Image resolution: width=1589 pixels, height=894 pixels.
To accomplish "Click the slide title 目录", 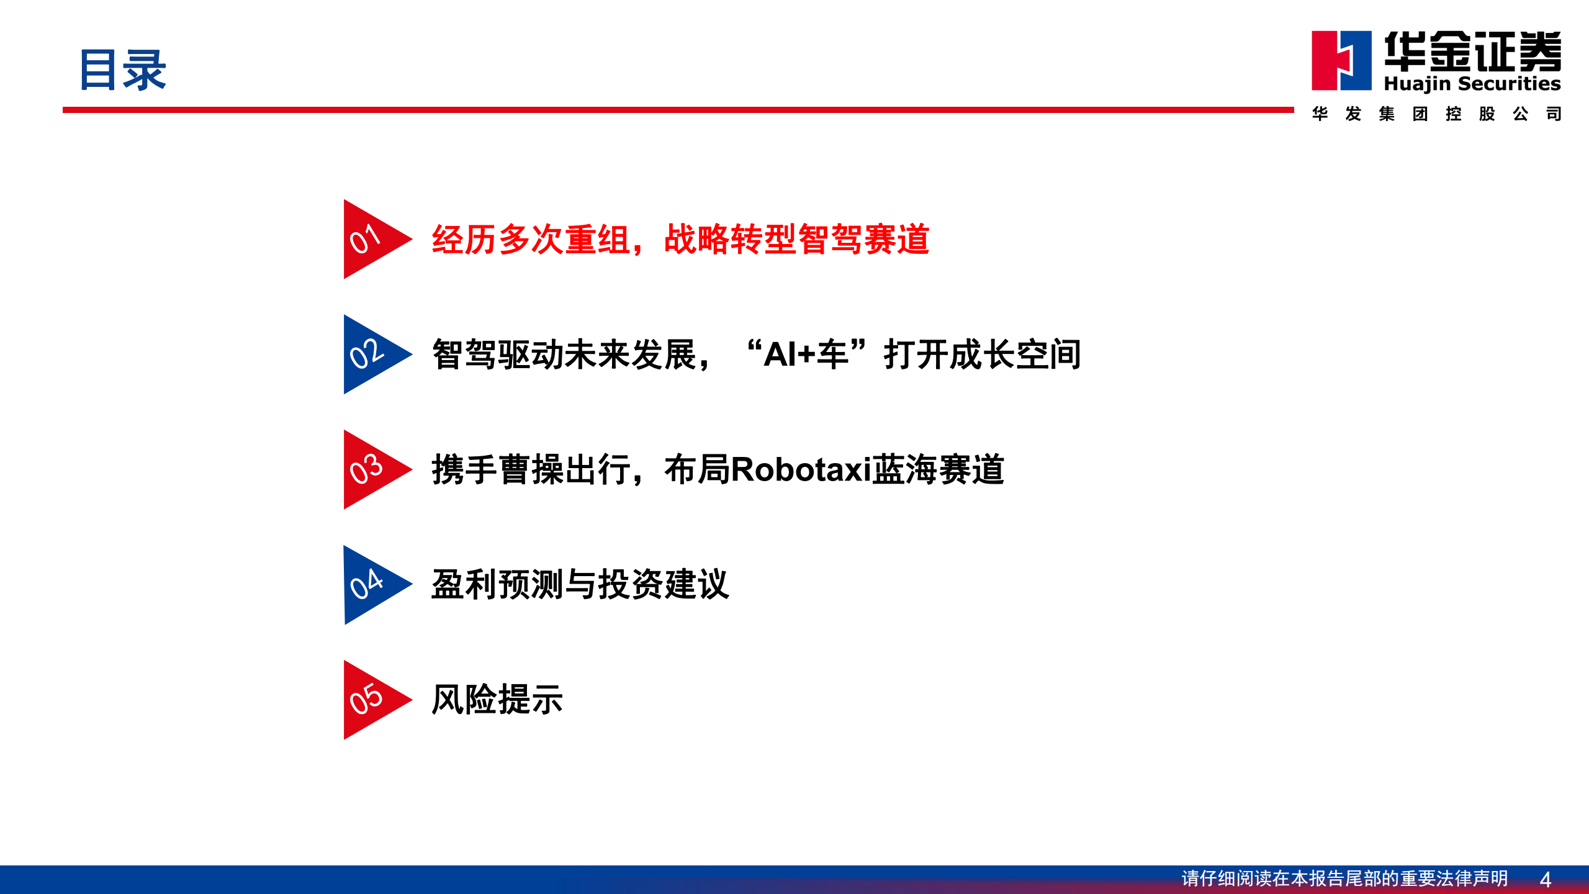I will coord(123,70).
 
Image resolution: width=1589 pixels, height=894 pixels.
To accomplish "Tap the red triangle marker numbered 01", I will coord(370,239).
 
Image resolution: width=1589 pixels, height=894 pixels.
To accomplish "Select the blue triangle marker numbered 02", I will coord(370,354).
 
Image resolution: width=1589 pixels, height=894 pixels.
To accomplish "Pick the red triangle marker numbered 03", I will coord(370,469).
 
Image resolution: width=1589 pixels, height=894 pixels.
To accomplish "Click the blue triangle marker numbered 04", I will coord(370,585).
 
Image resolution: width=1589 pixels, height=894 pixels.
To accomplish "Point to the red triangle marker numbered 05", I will coord(370,700).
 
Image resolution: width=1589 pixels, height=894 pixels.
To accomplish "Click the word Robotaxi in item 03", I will coord(801,469).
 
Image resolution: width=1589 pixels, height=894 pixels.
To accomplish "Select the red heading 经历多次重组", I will coord(531,240).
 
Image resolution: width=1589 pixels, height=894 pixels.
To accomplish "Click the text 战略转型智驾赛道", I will coord(796,240).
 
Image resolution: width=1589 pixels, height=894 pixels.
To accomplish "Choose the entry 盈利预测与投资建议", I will coord(580,585).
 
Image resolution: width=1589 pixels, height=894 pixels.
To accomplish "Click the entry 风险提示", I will coord(497,700).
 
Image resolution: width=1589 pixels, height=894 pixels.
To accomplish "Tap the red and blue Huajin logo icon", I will coord(1341,61).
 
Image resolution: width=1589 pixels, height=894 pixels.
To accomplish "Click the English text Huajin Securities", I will coord(1472,84).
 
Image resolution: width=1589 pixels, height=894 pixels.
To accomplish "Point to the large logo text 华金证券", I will coord(1472,51).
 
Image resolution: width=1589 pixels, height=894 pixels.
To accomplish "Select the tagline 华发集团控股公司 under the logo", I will coord(1436,114).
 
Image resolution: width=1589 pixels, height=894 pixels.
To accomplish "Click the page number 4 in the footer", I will coord(1546,879).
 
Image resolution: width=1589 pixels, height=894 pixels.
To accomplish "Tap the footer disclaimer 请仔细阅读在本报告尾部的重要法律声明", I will coord(1344,878).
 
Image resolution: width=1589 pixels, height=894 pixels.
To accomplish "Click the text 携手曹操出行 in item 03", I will coord(531,469).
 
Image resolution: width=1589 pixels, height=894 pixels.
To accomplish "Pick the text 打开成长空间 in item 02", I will coord(983,354).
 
